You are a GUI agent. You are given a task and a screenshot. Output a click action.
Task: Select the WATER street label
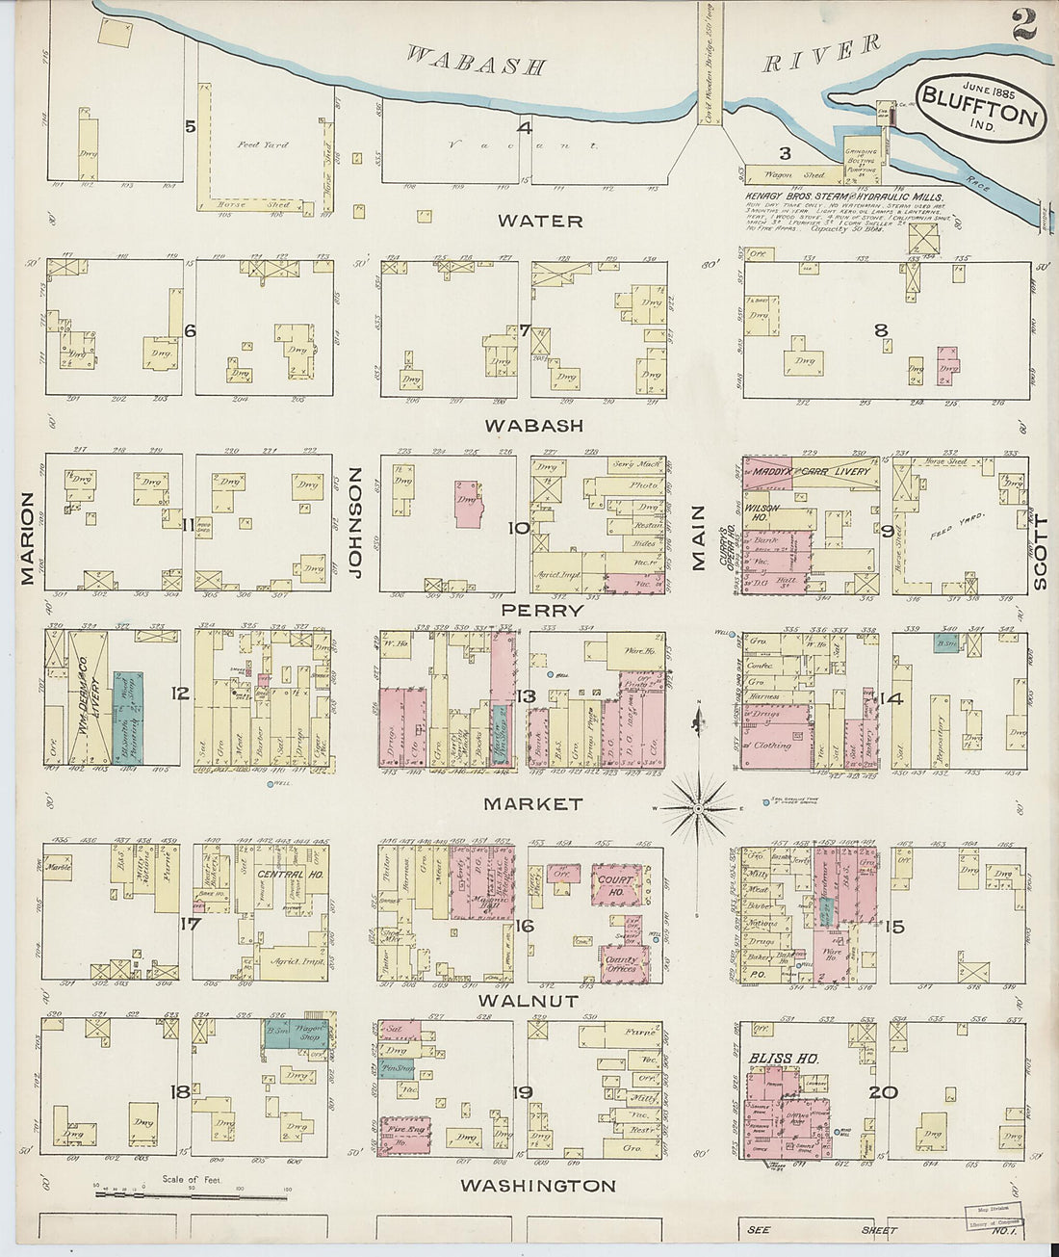540,221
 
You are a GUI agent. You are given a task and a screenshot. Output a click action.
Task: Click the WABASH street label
534,425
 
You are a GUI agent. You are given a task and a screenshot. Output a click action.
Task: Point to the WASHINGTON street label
538,1186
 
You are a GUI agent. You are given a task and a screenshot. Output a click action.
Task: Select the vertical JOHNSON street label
354,522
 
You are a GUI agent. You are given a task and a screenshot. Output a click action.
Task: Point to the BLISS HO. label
784,1059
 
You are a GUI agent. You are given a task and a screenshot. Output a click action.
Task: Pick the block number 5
190,126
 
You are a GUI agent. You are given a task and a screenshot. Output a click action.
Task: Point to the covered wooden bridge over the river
710,63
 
